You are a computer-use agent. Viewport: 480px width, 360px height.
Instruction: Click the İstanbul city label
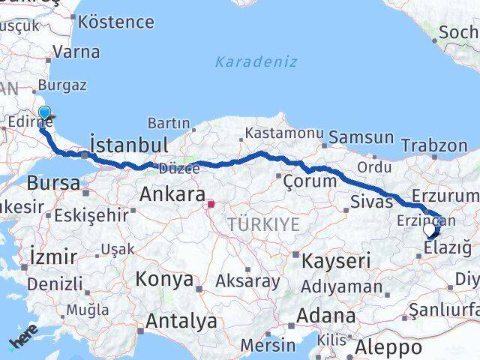pyautogui.click(x=128, y=144)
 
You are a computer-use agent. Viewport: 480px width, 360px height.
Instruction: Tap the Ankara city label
pyautogui.click(x=172, y=196)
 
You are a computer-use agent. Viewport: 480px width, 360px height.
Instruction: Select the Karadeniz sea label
pyautogui.click(x=256, y=62)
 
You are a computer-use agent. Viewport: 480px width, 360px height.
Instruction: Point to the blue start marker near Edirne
pyautogui.click(x=44, y=114)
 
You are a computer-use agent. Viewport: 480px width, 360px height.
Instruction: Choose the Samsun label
pyautogui.click(x=361, y=137)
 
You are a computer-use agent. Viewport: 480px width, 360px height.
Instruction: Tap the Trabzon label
pyautogui.click(x=434, y=145)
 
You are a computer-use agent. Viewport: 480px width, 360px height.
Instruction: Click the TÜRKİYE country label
pyautogui.click(x=263, y=224)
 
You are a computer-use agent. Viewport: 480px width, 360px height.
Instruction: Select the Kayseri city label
pyautogui.click(x=337, y=261)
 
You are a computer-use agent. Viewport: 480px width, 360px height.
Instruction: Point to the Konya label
pyautogui.click(x=164, y=280)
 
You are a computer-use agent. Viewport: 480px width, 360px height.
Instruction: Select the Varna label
pyautogui.click(x=75, y=52)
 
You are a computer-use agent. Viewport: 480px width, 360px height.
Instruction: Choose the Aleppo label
pyautogui.click(x=388, y=347)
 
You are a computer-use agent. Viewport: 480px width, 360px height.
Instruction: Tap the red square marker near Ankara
pyautogui.click(x=211, y=203)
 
